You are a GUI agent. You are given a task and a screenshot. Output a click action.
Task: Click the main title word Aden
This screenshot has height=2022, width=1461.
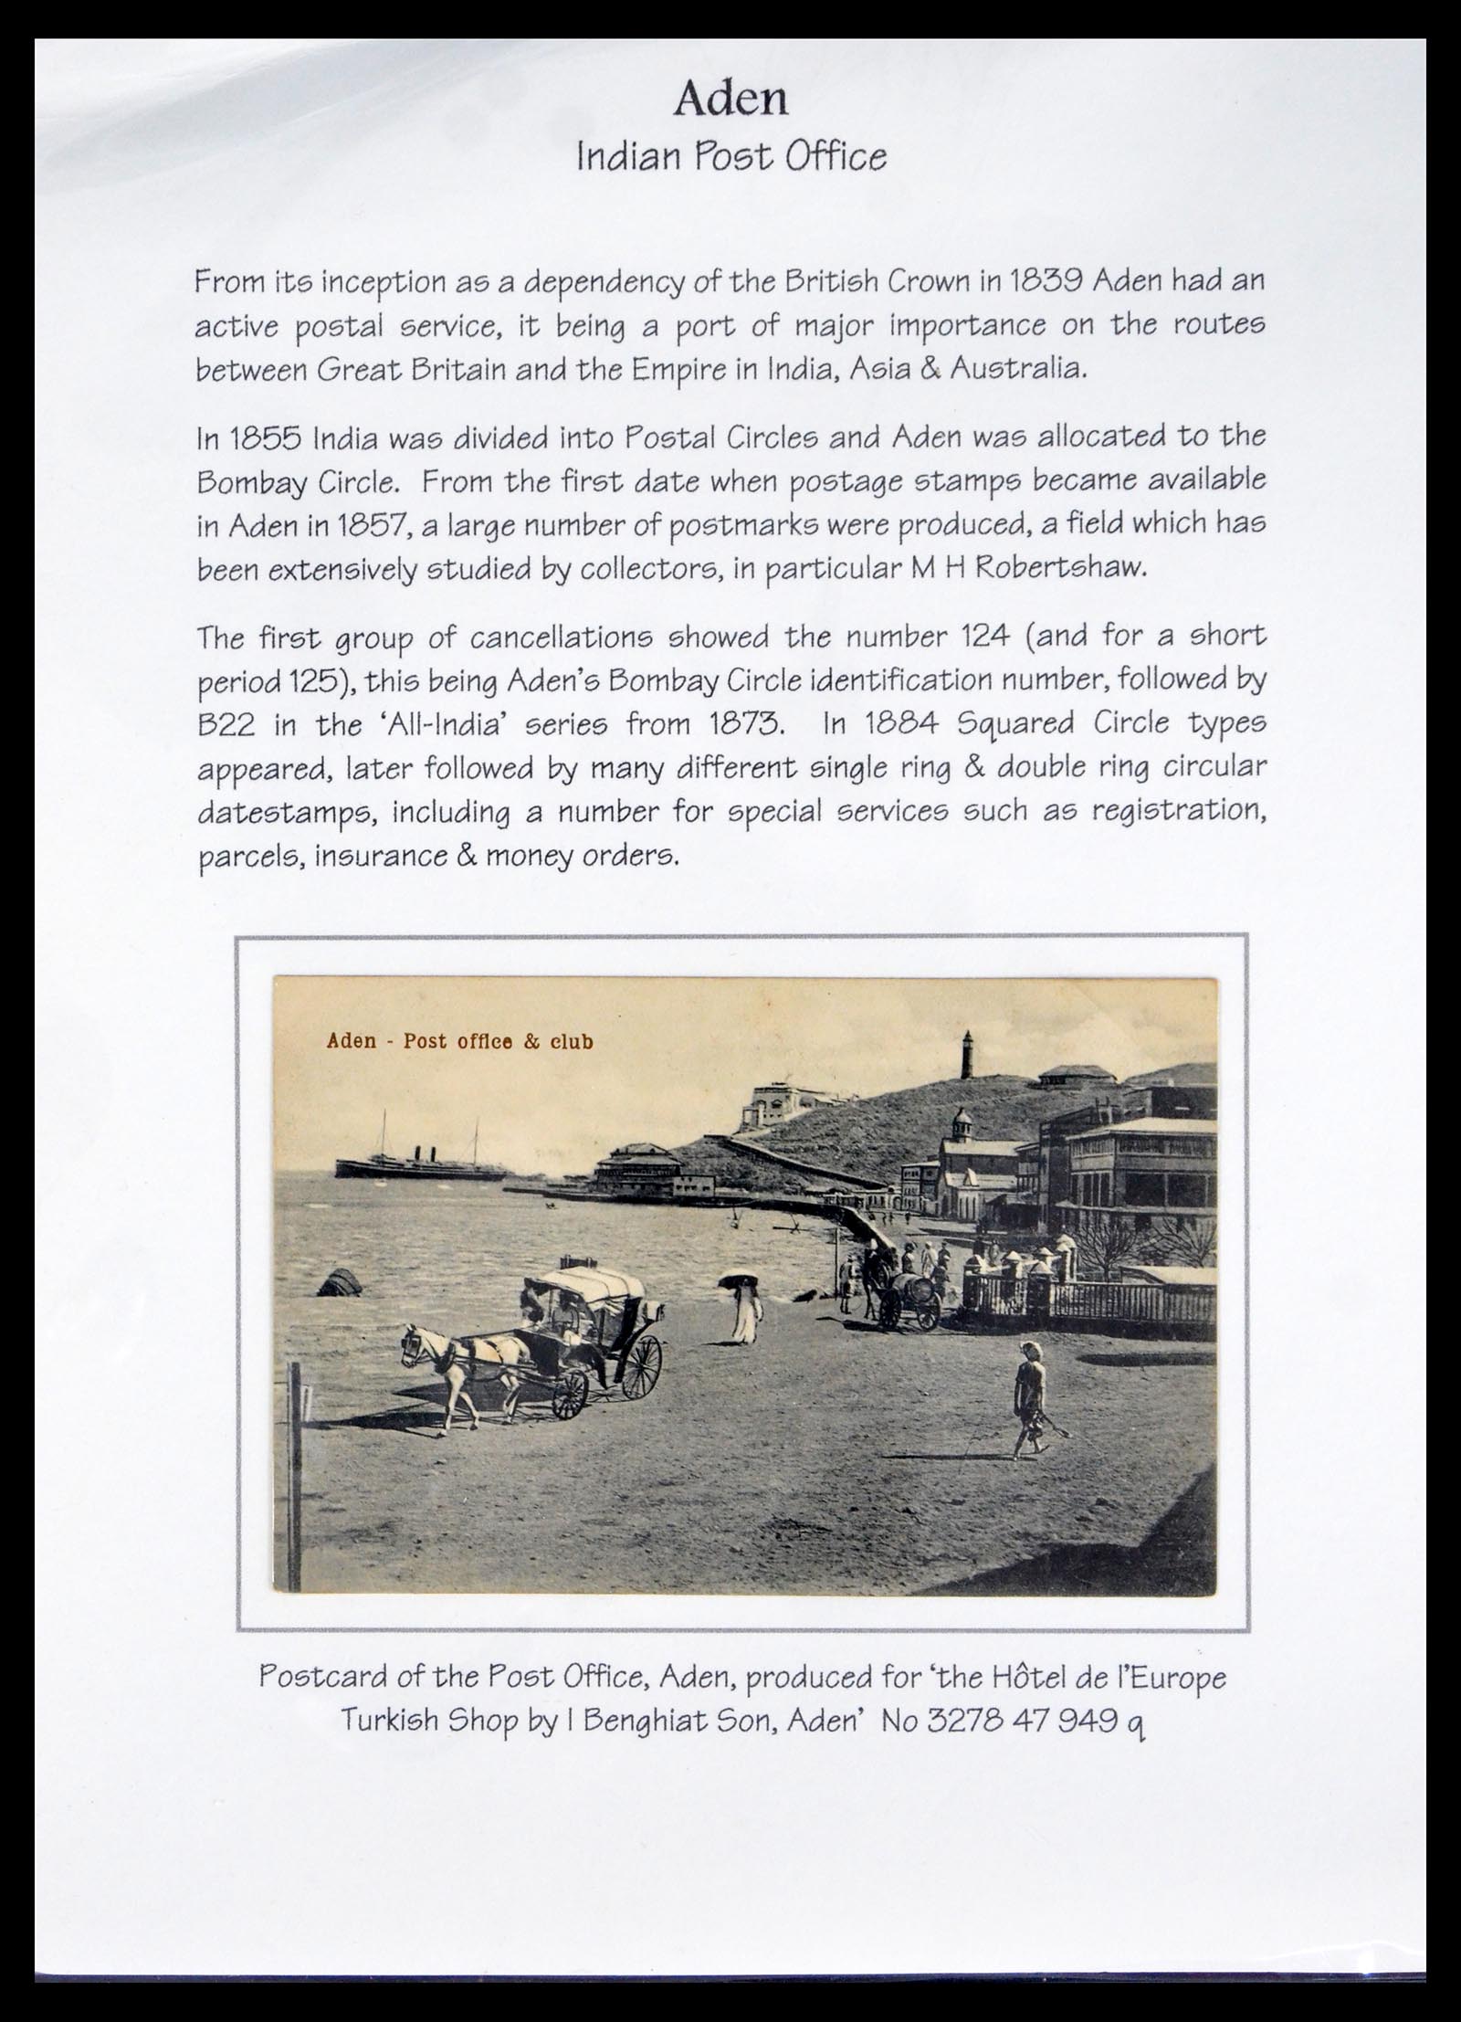[x=730, y=100]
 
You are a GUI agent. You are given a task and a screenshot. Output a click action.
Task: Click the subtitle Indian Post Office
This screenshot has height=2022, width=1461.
[x=730, y=157]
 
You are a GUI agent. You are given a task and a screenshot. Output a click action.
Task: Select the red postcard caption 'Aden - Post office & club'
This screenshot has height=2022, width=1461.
[x=459, y=1041]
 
